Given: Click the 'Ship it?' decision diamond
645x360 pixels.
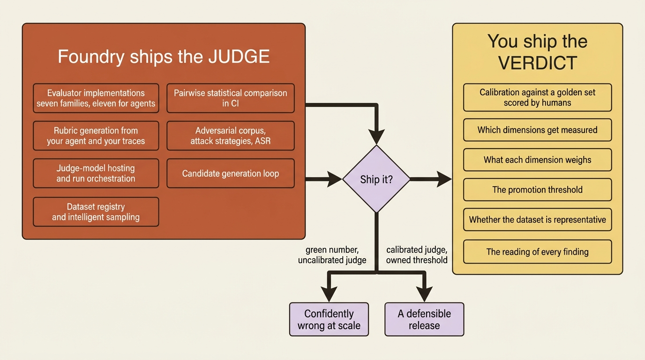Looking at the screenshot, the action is tap(376, 179).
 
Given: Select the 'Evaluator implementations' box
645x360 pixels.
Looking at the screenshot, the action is tap(96, 98).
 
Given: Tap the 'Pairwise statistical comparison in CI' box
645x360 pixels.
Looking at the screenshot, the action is tap(230, 98).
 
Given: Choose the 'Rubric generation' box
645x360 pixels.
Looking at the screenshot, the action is tap(96, 135).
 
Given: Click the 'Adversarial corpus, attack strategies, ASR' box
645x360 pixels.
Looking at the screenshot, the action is tap(230, 135).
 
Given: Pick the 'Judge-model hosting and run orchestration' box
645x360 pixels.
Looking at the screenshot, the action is tap(96, 173).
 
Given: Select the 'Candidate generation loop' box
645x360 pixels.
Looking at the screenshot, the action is tap(230, 173).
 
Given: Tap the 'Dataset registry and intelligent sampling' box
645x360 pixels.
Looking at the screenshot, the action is tap(96, 212).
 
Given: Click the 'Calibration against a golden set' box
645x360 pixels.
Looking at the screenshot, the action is tap(537, 97).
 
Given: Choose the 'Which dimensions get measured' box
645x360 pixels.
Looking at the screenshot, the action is tap(537, 130).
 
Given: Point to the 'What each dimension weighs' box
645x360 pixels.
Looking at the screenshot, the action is tap(537, 160).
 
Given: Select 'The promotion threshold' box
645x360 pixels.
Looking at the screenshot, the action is tap(537, 190).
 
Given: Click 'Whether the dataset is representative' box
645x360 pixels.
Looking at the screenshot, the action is tap(537, 219).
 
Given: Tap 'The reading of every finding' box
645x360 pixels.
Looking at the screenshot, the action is tap(537, 252).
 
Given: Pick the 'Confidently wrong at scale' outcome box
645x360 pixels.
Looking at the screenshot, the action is tap(329, 319).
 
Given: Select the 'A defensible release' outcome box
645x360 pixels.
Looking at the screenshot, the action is tap(424, 319).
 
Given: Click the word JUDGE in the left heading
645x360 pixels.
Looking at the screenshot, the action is tap(239, 56).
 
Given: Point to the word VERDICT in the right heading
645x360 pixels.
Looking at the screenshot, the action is tap(538, 63).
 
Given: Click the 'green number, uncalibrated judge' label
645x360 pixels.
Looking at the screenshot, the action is tap(332, 255).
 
